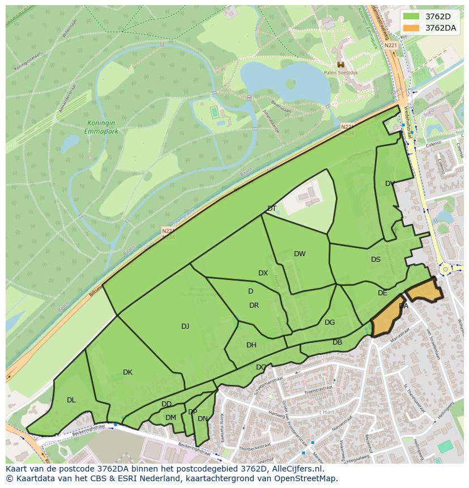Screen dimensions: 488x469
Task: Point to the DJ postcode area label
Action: (185, 326)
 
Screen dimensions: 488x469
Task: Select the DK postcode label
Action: (127, 372)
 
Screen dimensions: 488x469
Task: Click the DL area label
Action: (71, 400)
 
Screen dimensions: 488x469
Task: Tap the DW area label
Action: (300, 253)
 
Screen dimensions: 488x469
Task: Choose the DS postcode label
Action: (376, 260)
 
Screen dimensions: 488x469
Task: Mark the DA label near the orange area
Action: (403, 305)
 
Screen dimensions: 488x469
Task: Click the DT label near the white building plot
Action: (272, 209)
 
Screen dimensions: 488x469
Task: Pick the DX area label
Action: (263, 273)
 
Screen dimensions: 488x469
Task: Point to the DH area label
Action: (251, 345)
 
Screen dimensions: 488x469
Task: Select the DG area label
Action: (330, 322)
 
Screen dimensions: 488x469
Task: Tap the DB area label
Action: (337, 342)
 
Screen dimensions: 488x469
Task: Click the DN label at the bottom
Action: (202, 418)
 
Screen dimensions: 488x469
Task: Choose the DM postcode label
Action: (170, 417)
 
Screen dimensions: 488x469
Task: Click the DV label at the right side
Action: (390, 183)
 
